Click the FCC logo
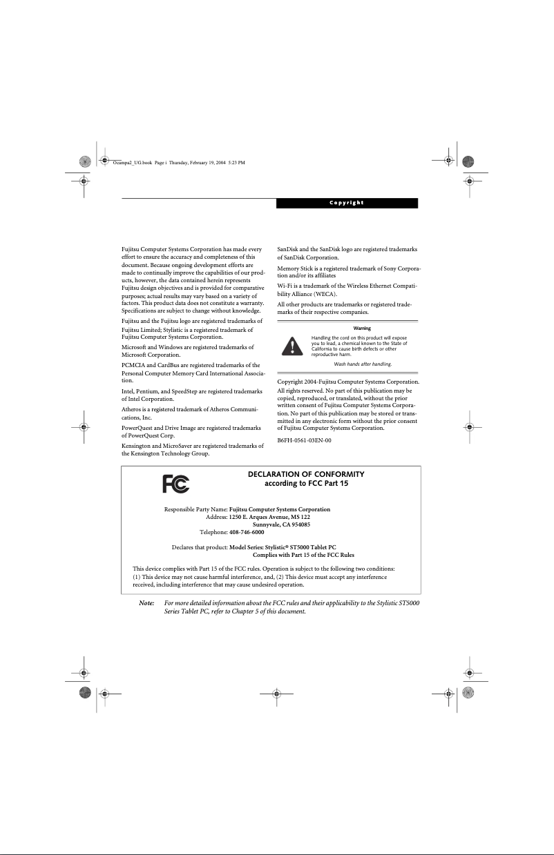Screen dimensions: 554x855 (175, 484)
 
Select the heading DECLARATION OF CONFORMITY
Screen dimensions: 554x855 (306, 474)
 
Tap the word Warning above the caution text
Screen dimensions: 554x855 (361, 328)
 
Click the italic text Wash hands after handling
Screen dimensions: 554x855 (363, 364)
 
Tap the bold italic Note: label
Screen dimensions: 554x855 (146, 602)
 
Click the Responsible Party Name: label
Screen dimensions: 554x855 (195, 509)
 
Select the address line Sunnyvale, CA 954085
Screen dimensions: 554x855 (280, 524)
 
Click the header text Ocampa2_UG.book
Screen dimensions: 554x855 (128, 163)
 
